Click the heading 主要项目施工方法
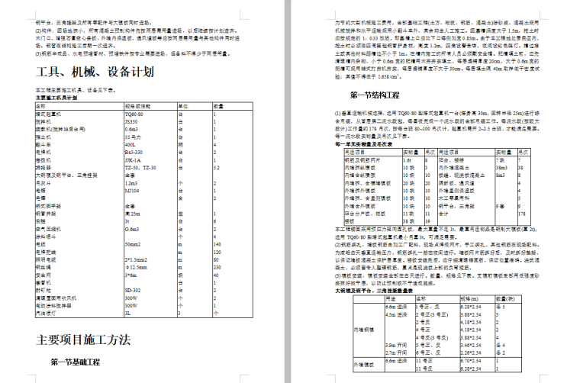coord(83,339)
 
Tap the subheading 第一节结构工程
coord(375,95)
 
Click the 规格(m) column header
coord(469,298)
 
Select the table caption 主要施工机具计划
coord(67,98)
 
